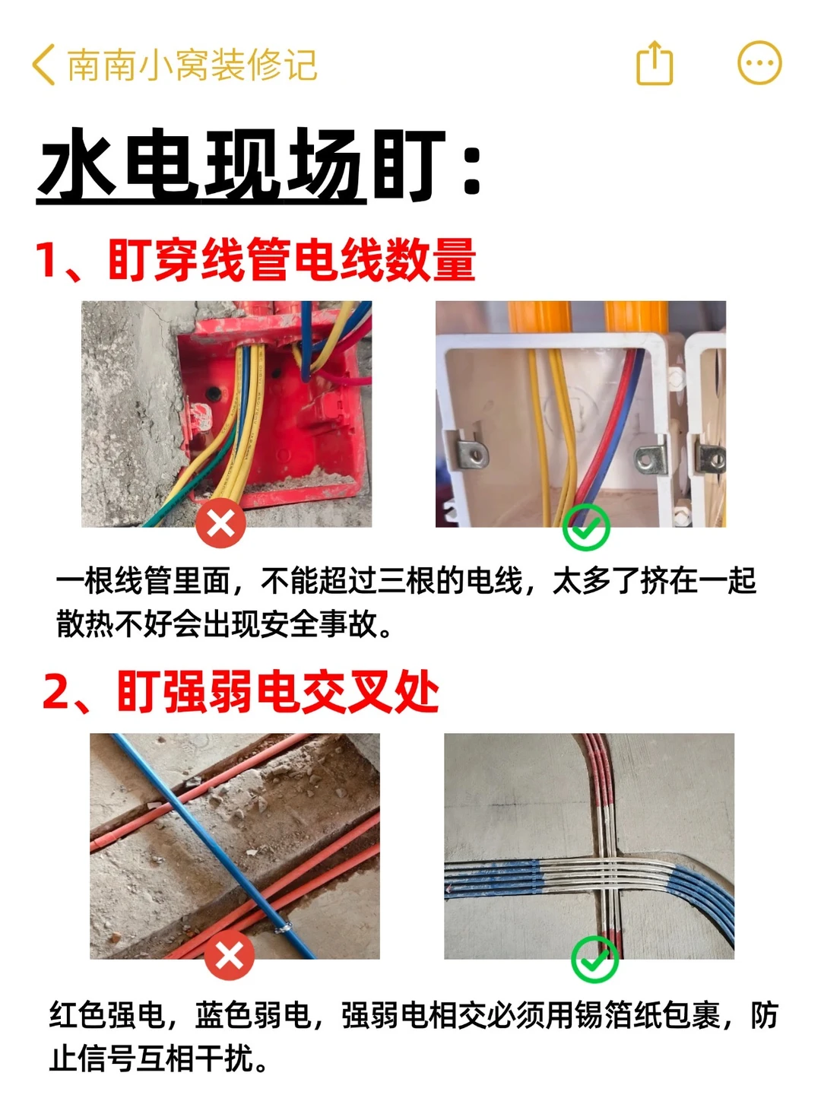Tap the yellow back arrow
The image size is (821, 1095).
click(x=43, y=65)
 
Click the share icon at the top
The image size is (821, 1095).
click(x=655, y=63)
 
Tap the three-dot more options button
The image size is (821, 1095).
click(x=759, y=63)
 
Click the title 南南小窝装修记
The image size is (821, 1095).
click(x=192, y=65)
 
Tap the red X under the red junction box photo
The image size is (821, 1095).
click(x=220, y=524)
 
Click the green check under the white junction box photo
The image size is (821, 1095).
click(x=585, y=527)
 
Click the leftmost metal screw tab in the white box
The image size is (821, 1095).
click(x=471, y=450)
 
